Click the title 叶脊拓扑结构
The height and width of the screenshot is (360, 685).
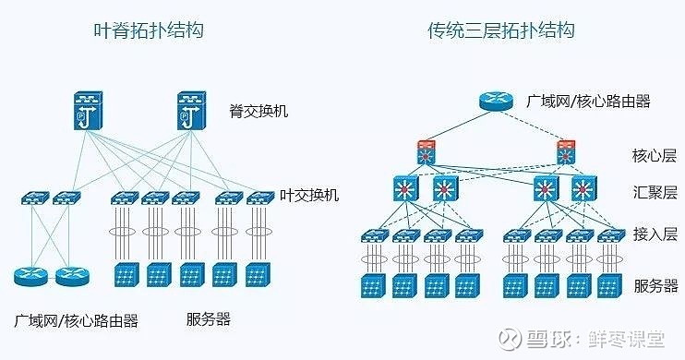(x=149, y=30)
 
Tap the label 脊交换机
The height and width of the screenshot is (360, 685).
(x=259, y=112)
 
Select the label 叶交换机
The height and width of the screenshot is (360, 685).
(x=309, y=196)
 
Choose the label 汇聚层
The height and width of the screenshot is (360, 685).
(x=655, y=192)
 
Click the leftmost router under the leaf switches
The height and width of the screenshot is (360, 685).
(x=30, y=275)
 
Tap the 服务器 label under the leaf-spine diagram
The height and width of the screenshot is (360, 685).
(x=208, y=321)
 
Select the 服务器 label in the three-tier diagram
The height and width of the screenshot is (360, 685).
(x=655, y=286)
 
